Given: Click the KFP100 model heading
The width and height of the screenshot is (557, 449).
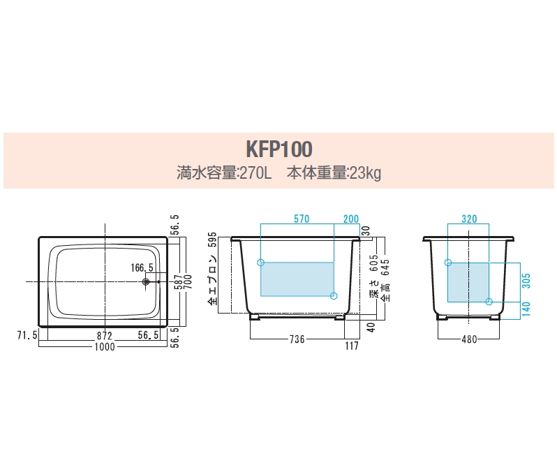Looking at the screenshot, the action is (x=279, y=149).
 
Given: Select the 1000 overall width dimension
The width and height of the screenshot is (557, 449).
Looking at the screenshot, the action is (x=105, y=346).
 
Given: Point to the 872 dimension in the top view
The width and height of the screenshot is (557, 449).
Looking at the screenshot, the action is (x=105, y=336).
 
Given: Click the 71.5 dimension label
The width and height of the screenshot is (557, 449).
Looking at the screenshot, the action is (x=27, y=335).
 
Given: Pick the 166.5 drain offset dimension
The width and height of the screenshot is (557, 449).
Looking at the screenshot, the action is (x=142, y=267).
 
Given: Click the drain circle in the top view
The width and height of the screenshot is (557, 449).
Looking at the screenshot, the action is (x=145, y=282).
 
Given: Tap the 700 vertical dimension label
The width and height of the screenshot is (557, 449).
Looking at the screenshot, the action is (x=188, y=281).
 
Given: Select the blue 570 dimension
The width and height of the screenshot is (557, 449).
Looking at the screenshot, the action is (x=302, y=219).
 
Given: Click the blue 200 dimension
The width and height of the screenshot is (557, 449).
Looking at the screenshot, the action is (x=351, y=219).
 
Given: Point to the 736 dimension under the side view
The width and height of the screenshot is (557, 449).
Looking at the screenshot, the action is (x=297, y=339).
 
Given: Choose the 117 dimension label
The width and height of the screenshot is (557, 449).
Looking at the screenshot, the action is (x=352, y=346).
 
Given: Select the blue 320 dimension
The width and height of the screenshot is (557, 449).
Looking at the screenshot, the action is (x=469, y=219).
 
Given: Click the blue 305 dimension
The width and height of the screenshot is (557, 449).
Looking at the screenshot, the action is (x=526, y=281).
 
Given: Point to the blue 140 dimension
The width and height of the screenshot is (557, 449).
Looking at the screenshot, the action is (x=526, y=309).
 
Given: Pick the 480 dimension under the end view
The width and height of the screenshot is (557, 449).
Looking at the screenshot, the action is (x=469, y=339).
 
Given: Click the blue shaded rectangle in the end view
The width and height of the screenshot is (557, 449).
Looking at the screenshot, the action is (x=468, y=282).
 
